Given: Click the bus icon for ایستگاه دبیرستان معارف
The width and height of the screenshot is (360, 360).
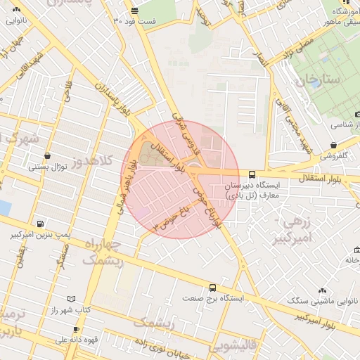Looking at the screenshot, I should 252,174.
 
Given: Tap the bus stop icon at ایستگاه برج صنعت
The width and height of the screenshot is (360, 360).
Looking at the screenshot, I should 212,288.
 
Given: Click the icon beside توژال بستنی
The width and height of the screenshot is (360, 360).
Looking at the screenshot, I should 47,156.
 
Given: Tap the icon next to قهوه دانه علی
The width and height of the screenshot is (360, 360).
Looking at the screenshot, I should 75,328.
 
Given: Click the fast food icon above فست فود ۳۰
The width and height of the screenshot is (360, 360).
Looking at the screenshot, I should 134,11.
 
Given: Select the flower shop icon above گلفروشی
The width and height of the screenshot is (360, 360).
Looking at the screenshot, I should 333,146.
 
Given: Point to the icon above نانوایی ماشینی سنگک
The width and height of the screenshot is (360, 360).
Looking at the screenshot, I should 322,290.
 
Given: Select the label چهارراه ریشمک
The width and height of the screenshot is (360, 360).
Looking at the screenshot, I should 103,252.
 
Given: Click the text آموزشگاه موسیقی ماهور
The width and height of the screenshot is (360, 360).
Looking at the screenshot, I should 340,17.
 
